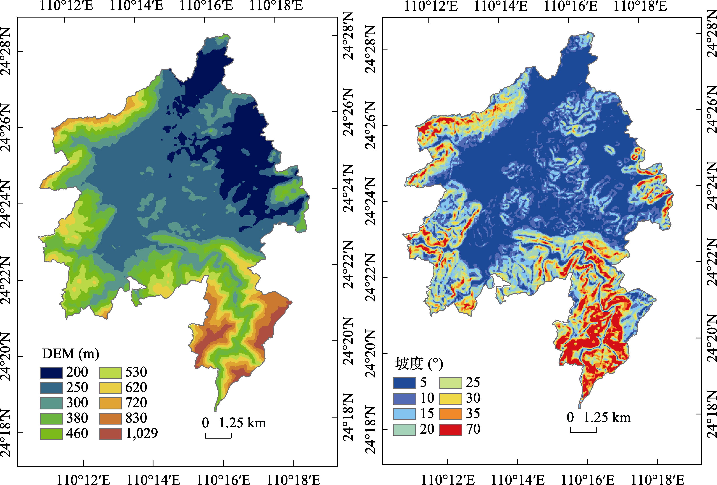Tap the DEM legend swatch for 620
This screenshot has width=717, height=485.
pos(110,388)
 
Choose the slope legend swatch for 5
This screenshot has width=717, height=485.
pos(404,383)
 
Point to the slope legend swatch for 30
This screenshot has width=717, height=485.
pos(450,398)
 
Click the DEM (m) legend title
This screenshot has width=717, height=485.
pos(70,354)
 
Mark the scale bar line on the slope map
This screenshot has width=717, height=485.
pos(583,432)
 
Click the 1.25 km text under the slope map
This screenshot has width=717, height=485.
pos(607,418)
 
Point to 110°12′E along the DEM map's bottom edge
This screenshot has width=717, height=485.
pos(83,480)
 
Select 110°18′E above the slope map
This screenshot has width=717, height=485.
pos(640,6)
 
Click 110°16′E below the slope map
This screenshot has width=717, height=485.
pos(587,480)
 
